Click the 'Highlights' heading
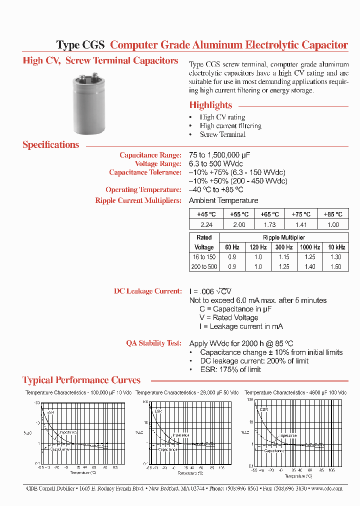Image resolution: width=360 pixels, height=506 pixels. [x=210, y=105]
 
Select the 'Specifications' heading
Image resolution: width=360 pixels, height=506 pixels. [x=50, y=145]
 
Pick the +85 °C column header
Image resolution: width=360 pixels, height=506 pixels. [x=332, y=213]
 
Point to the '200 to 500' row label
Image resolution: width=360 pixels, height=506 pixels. [x=204, y=267]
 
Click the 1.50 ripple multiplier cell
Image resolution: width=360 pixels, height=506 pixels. [x=335, y=267]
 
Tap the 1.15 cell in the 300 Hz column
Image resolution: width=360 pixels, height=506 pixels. [x=283, y=256]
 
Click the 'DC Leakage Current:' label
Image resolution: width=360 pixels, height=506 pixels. [x=147, y=291]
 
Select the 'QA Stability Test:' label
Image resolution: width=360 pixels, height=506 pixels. [x=153, y=343]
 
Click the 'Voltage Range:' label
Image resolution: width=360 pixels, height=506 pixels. [x=158, y=163]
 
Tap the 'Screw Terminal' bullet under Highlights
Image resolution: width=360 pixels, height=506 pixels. [x=222, y=134]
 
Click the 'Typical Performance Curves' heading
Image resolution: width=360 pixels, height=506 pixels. [x=81, y=380]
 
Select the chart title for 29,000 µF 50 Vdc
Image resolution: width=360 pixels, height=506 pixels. [x=187, y=393]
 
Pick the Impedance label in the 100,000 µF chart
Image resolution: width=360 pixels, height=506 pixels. [x=68, y=431]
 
